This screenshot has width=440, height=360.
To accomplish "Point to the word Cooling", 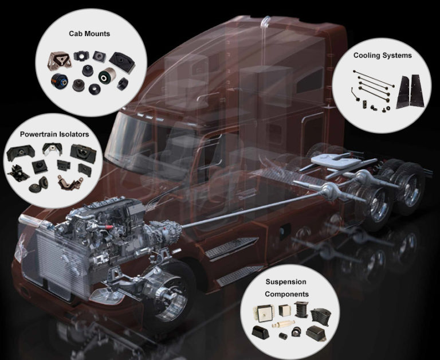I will tap(366, 56).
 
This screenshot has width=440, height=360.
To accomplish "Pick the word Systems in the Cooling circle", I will tap(397, 56).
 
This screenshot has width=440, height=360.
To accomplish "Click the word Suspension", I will tap(286, 282).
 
